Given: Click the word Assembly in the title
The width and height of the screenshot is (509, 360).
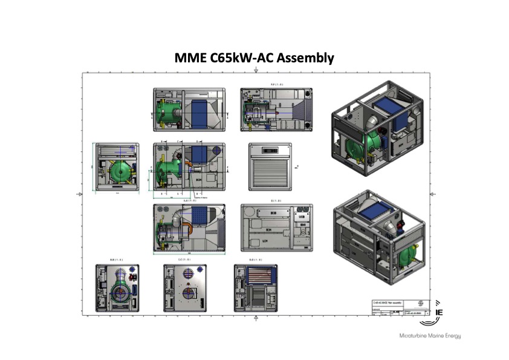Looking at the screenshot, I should click(x=304, y=59).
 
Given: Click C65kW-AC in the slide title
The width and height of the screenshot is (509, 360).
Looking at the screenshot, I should click(x=239, y=59).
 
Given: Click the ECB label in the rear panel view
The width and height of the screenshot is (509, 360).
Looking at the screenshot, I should click(x=273, y=214).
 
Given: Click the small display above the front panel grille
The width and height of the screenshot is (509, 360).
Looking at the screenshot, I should click(x=270, y=149).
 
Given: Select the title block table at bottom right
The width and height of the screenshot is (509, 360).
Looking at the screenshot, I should click(x=398, y=307).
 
